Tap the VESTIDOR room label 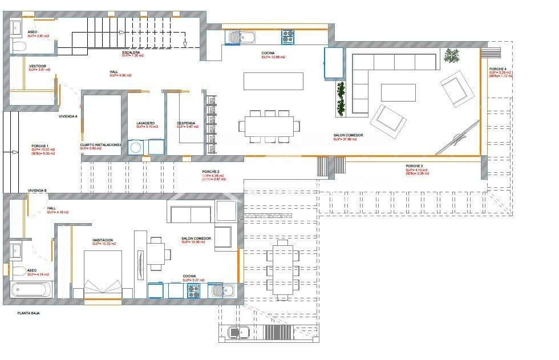(38, 66)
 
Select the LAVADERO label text (145, 123)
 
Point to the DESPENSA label (187, 123)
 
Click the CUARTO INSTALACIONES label (100, 145)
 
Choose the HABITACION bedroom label (103, 240)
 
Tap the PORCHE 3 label (415, 167)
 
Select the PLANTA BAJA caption (31, 313)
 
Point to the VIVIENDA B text (37, 190)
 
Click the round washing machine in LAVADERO (136, 148)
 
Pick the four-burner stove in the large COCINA (288, 37)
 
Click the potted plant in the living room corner (452, 56)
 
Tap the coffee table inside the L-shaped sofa (398, 92)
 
